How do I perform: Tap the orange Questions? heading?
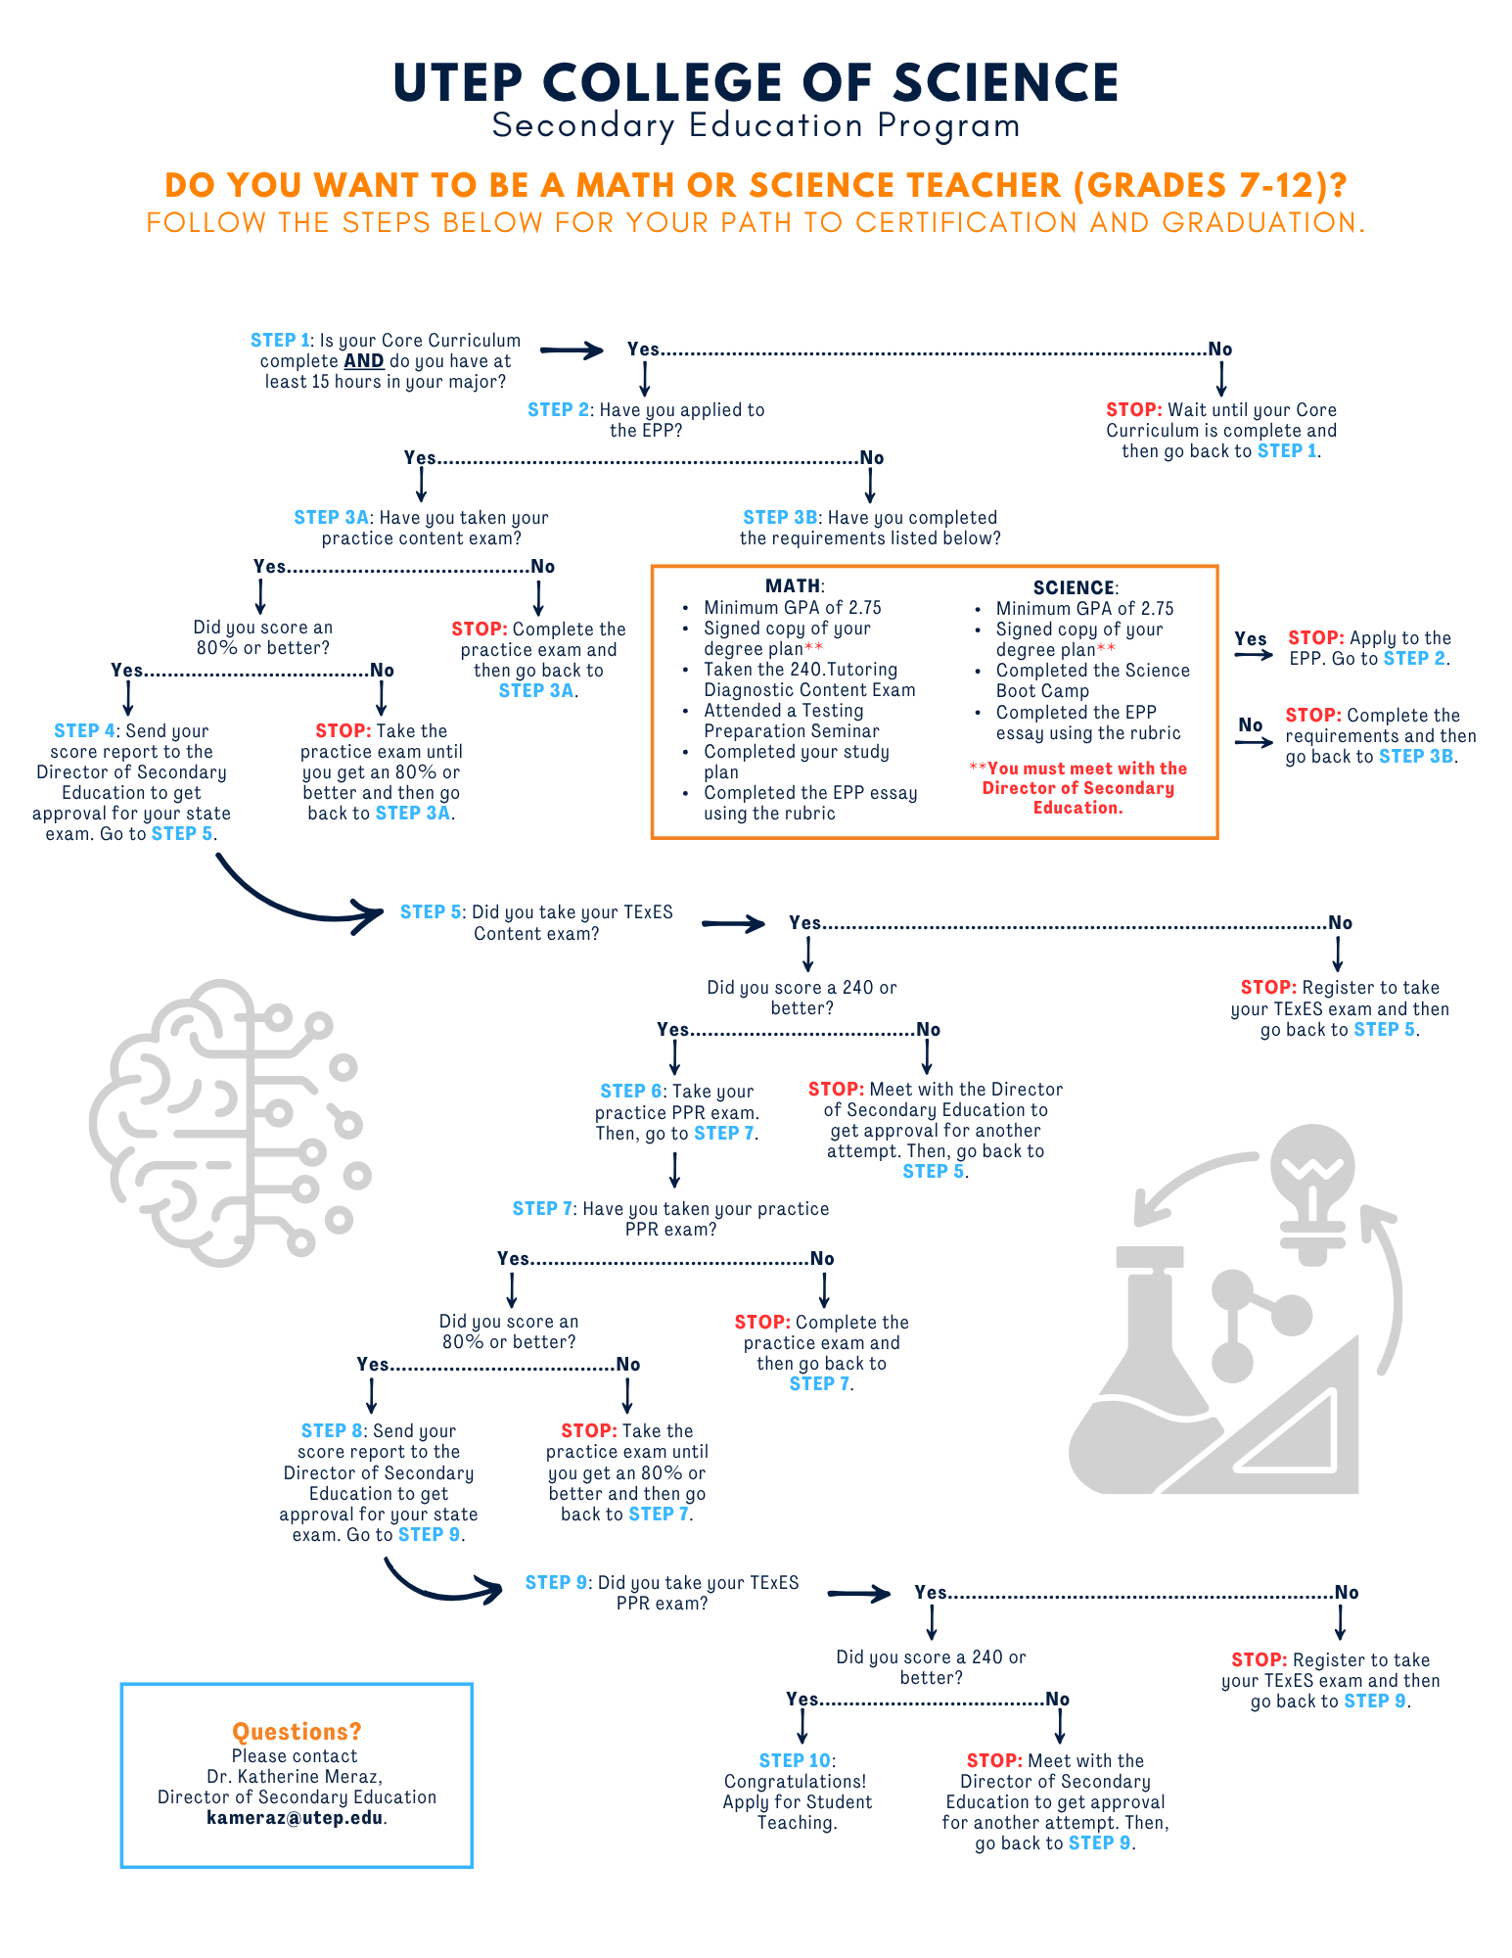(x=297, y=1731)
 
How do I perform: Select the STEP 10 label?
(x=795, y=1760)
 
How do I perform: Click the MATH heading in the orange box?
(x=793, y=586)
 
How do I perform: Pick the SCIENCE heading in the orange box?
(x=1074, y=587)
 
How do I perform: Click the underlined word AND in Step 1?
(x=363, y=361)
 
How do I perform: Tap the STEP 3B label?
(x=780, y=518)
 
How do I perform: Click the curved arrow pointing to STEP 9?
(x=440, y=1584)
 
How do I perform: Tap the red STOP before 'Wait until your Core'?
(x=1133, y=410)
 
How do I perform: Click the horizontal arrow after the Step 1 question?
(x=572, y=350)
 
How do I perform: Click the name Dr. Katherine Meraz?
(x=295, y=1776)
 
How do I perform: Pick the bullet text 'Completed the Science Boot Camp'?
(x=1091, y=680)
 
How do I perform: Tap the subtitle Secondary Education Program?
(x=756, y=126)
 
